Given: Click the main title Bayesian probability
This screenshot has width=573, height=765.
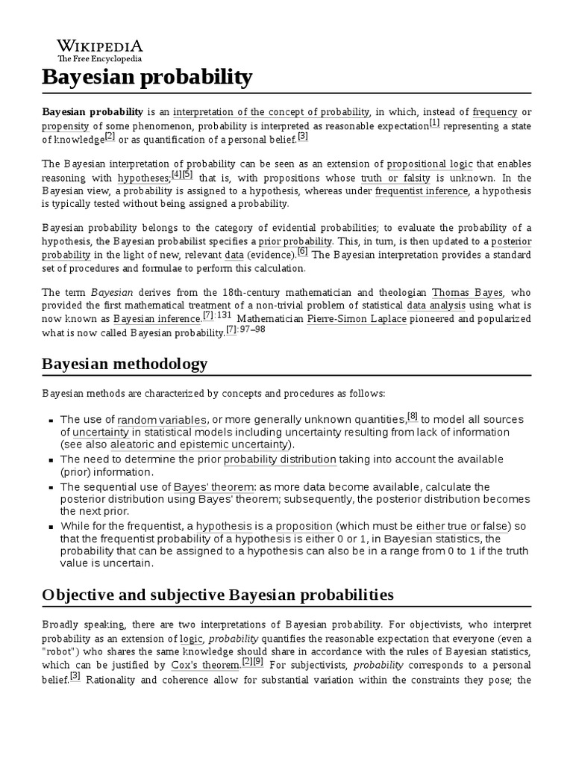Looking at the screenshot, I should click(147, 77).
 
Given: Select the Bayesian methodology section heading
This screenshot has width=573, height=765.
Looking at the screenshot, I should click(125, 364).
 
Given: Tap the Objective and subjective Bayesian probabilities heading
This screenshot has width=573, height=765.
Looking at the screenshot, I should click(217, 595).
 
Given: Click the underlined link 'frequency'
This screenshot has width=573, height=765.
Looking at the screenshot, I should click(495, 112).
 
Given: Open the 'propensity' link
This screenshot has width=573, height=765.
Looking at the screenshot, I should click(66, 126).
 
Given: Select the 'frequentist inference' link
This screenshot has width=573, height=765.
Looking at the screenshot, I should click(422, 191).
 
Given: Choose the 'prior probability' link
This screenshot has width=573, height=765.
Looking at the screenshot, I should click(295, 242).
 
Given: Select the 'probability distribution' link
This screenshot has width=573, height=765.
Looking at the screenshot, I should click(280, 459).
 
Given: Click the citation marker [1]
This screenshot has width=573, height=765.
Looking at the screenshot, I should click(434, 123).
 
